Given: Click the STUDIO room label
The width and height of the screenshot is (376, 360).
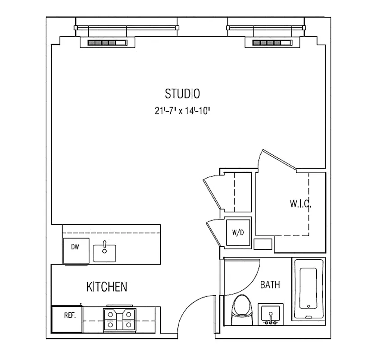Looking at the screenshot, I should tap(182, 94).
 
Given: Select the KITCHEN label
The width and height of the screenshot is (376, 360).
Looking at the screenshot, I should tap(107, 287).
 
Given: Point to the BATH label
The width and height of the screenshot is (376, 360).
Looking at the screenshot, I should tap(270, 285).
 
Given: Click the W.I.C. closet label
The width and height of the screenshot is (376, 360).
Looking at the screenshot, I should tap(300, 204).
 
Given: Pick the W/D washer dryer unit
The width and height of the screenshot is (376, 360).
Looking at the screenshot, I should tap(238, 233).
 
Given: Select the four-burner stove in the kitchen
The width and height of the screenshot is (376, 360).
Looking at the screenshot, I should tap(120, 320).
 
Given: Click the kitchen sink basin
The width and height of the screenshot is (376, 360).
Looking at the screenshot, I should tap(105, 253).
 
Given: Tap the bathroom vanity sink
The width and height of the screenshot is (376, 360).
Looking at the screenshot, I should tap(270, 314).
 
